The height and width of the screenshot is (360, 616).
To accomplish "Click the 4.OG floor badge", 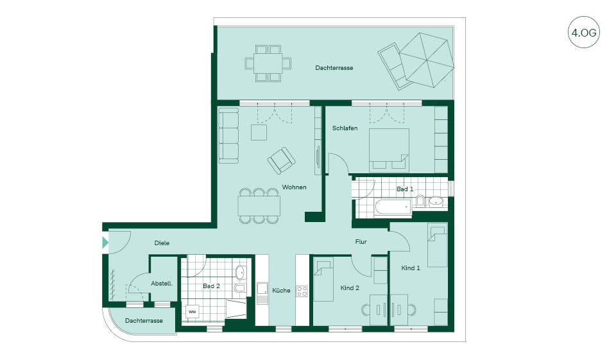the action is point(584,32).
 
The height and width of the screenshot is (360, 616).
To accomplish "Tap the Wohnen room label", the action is point(295,187).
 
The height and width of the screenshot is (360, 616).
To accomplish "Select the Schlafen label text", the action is point(345,128).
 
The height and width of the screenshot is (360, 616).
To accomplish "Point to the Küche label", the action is point(281,291).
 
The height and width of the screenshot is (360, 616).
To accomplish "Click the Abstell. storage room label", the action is point(162,284).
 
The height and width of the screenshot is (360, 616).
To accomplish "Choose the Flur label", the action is point(361,242).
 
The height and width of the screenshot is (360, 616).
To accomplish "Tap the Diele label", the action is point(162,243).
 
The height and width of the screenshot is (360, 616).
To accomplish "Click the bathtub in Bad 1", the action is point(393,207).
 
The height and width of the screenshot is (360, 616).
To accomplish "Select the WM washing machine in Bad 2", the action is point(192,312).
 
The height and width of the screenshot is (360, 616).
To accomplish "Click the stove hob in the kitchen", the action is point(302,291).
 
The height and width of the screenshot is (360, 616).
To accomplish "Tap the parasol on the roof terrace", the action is point(427,60).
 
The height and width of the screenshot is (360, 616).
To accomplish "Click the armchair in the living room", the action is point(281,160).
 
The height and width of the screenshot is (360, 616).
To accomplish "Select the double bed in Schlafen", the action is point(389,150).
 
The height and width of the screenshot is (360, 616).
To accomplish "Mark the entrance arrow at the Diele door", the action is point(105,243).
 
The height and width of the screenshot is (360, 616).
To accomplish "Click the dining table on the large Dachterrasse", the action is point(268,64).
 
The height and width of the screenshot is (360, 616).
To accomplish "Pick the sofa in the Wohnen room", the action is point(228,135).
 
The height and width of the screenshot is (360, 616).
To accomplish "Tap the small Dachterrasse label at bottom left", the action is point(144,321).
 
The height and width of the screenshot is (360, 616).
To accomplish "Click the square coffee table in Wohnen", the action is point(259,132).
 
